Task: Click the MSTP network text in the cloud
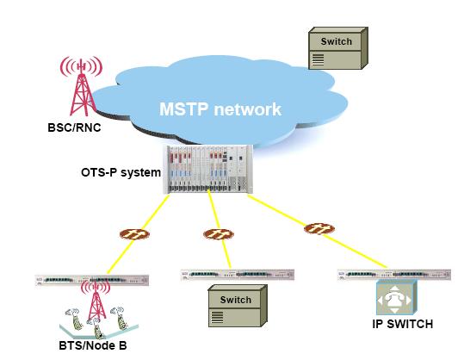click(x=220, y=109)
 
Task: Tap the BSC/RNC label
click(x=74, y=127)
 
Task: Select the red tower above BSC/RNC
click(x=82, y=86)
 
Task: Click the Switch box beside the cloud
click(x=338, y=48)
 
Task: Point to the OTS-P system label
click(x=121, y=172)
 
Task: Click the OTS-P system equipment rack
click(x=208, y=170)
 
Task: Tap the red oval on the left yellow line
click(x=134, y=234)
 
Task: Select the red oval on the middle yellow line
click(x=219, y=234)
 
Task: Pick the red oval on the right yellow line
click(x=319, y=229)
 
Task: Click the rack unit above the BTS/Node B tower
click(x=92, y=280)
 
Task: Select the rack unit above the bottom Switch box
click(x=238, y=275)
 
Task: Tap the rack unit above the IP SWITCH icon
click(x=394, y=275)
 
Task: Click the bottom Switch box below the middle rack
click(x=238, y=306)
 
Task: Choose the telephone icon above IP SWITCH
click(x=397, y=298)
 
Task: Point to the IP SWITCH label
click(x=403, y=324)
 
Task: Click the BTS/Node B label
click(x=93, y=345)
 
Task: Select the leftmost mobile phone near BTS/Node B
click(x=74, y=320)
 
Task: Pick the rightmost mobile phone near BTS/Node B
click(x=119, y=318)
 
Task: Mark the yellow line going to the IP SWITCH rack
click(x=317, y=232)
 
